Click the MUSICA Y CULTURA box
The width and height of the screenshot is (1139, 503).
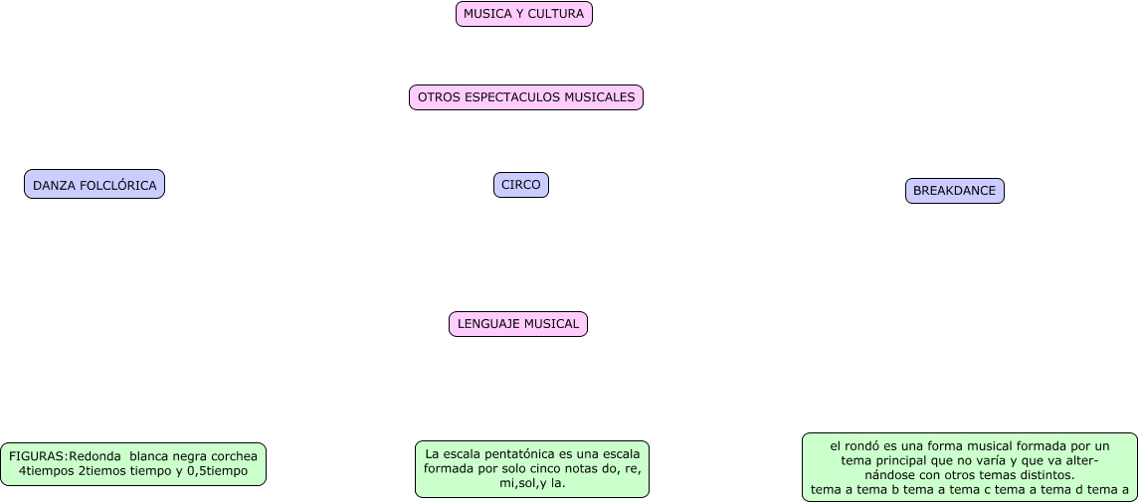[x=524, y=14]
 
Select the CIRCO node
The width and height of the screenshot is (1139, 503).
[x=521, y=185]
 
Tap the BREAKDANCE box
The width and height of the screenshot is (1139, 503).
[x=955, y=191]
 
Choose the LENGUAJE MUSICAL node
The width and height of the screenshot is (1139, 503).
[x=518, y=324]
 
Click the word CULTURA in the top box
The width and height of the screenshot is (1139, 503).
[x=558, y=14]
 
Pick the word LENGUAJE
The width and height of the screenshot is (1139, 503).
[x=488, y=324]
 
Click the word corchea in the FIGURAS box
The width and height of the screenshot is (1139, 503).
[x=234, y=456]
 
